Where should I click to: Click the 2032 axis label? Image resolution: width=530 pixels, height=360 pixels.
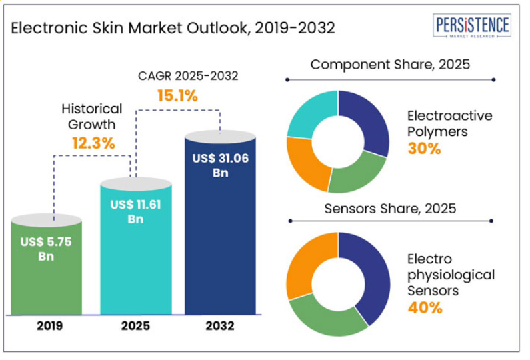220,326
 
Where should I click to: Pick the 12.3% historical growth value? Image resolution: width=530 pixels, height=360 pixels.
93,142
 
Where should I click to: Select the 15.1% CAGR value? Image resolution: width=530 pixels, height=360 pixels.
177,95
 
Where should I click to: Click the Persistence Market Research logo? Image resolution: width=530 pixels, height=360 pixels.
473,27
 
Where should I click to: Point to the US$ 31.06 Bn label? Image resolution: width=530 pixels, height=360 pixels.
221,166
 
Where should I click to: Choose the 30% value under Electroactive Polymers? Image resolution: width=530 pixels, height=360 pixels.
424,148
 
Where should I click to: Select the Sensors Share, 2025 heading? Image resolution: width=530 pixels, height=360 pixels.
390,208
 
